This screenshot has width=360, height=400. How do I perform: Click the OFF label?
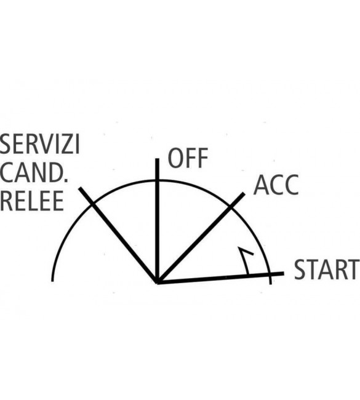188,158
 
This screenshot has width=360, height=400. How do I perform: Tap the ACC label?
276,185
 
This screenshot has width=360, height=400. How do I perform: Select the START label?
326,270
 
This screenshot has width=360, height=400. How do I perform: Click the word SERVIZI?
39,144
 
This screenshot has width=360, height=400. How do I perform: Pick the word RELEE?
31,201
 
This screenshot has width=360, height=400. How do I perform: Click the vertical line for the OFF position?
158,220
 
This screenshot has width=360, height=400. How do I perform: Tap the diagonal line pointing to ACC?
201,238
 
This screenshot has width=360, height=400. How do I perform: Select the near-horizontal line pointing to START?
220,278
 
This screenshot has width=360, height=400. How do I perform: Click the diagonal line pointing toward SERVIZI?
118,235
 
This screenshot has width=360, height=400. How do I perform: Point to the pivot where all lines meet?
158,282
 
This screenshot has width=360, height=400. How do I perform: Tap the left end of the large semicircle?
52,281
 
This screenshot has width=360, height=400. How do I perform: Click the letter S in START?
300,270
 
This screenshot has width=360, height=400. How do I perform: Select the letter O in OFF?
175,158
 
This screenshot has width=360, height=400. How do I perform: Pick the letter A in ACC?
261,185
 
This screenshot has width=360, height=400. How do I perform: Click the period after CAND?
66,180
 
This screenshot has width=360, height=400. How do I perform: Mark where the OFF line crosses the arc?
158,180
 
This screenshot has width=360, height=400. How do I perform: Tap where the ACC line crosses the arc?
231,207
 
